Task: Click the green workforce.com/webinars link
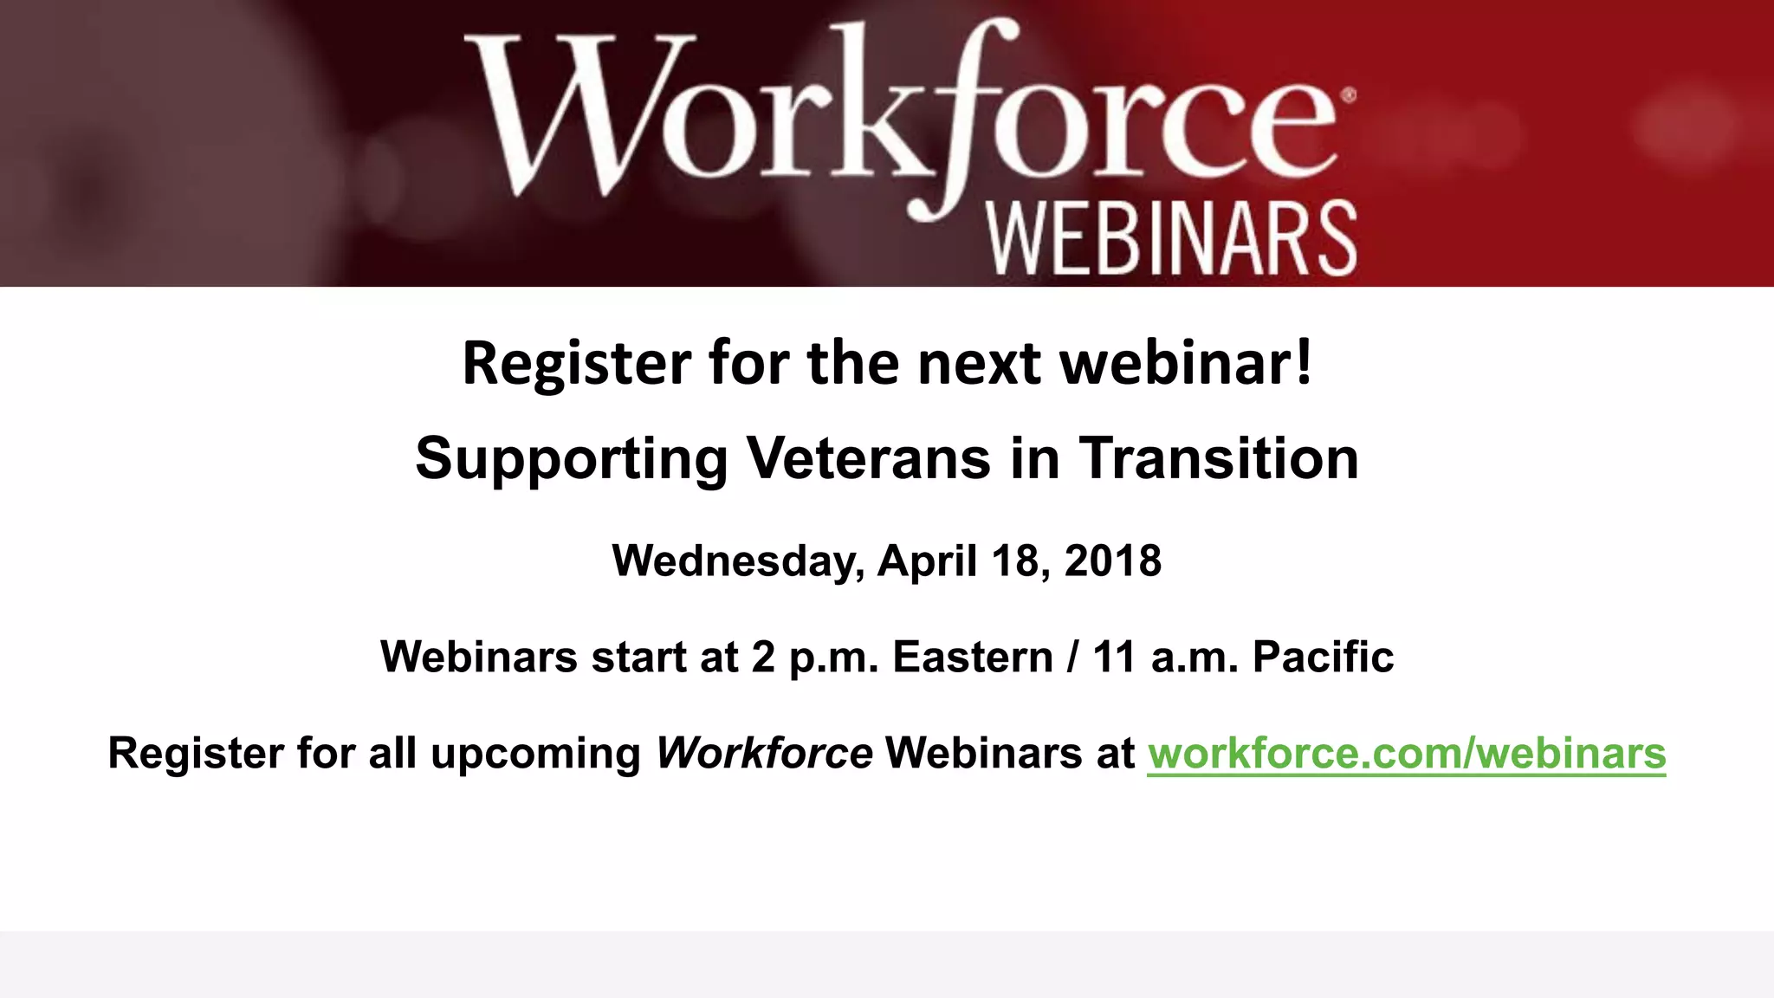pyautogui.click(x=1406, y=752)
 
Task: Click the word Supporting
pyautogui.click(x=572, y=459)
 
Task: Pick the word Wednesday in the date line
pyautogui.click(x=738, y=561)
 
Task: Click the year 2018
pyautogui.click(x=1113, y=561)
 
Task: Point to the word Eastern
pyautogui.click(x=973, y=657)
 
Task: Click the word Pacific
pyautogui.click(x=1323, y=657)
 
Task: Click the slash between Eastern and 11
pyautogui.click(x=1073, y=657)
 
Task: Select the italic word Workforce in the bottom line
pyautogui.click(x=764, y=752)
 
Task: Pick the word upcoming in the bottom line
pyautogui.click(x=535, y=754)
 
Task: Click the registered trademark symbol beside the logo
pyautogui.click(x=1348, y=96)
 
